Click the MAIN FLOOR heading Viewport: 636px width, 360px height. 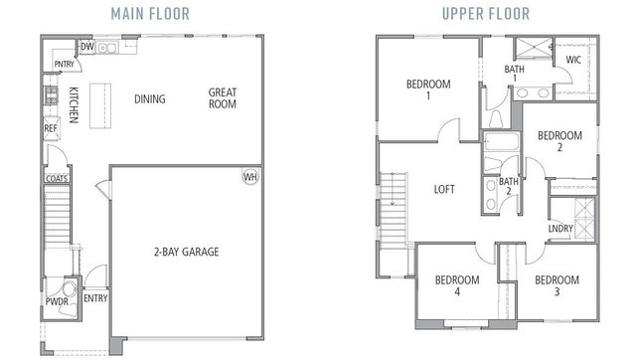[154, 14]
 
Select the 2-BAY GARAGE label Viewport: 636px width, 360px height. [186, 252]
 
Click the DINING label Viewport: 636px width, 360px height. [149, 98]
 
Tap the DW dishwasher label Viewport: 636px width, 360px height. [86, 47]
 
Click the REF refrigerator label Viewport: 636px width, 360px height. [50, 128]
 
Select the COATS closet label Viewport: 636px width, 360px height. [56, 180]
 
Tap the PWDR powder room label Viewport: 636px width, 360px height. [56, 300]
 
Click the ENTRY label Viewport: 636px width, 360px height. [95, 298]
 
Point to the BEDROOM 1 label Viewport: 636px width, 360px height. [427, 90]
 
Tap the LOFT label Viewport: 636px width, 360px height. [444, 188]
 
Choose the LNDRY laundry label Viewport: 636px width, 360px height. [559, 229]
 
